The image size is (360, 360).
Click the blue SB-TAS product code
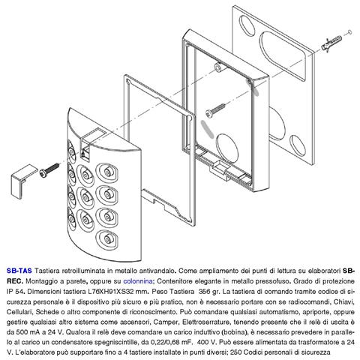pos(19,271)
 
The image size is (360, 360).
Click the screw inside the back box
pos(215,109)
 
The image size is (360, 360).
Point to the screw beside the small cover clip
pos(49,169)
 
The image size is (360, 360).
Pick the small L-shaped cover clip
pos(23,181)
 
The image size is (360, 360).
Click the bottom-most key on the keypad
pos(107,239)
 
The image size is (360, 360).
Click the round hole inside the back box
pos(227,145)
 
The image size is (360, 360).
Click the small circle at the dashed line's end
pos(349,32)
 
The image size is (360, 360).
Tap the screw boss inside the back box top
pos(217,67)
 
